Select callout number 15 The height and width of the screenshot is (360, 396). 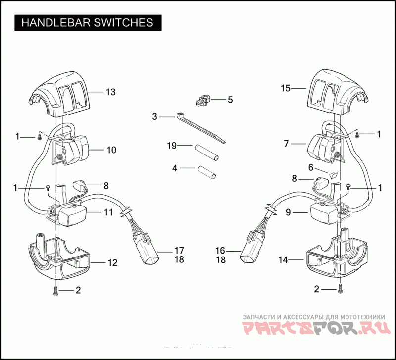point(286,88)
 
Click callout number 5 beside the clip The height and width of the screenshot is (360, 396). point(230,100)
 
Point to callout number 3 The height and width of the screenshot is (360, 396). point(154,117)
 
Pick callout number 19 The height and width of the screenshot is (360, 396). point(171,146)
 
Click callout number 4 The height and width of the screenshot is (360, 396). point(175,168)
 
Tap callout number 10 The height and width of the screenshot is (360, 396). point(111,150)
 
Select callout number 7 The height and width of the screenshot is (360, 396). point(286,144)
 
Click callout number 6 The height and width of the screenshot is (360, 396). point(311,167)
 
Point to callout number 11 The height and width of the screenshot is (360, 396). point(108,212)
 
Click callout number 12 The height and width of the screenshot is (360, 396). point(113,263)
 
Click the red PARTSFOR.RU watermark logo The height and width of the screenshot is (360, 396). point(316,328)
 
